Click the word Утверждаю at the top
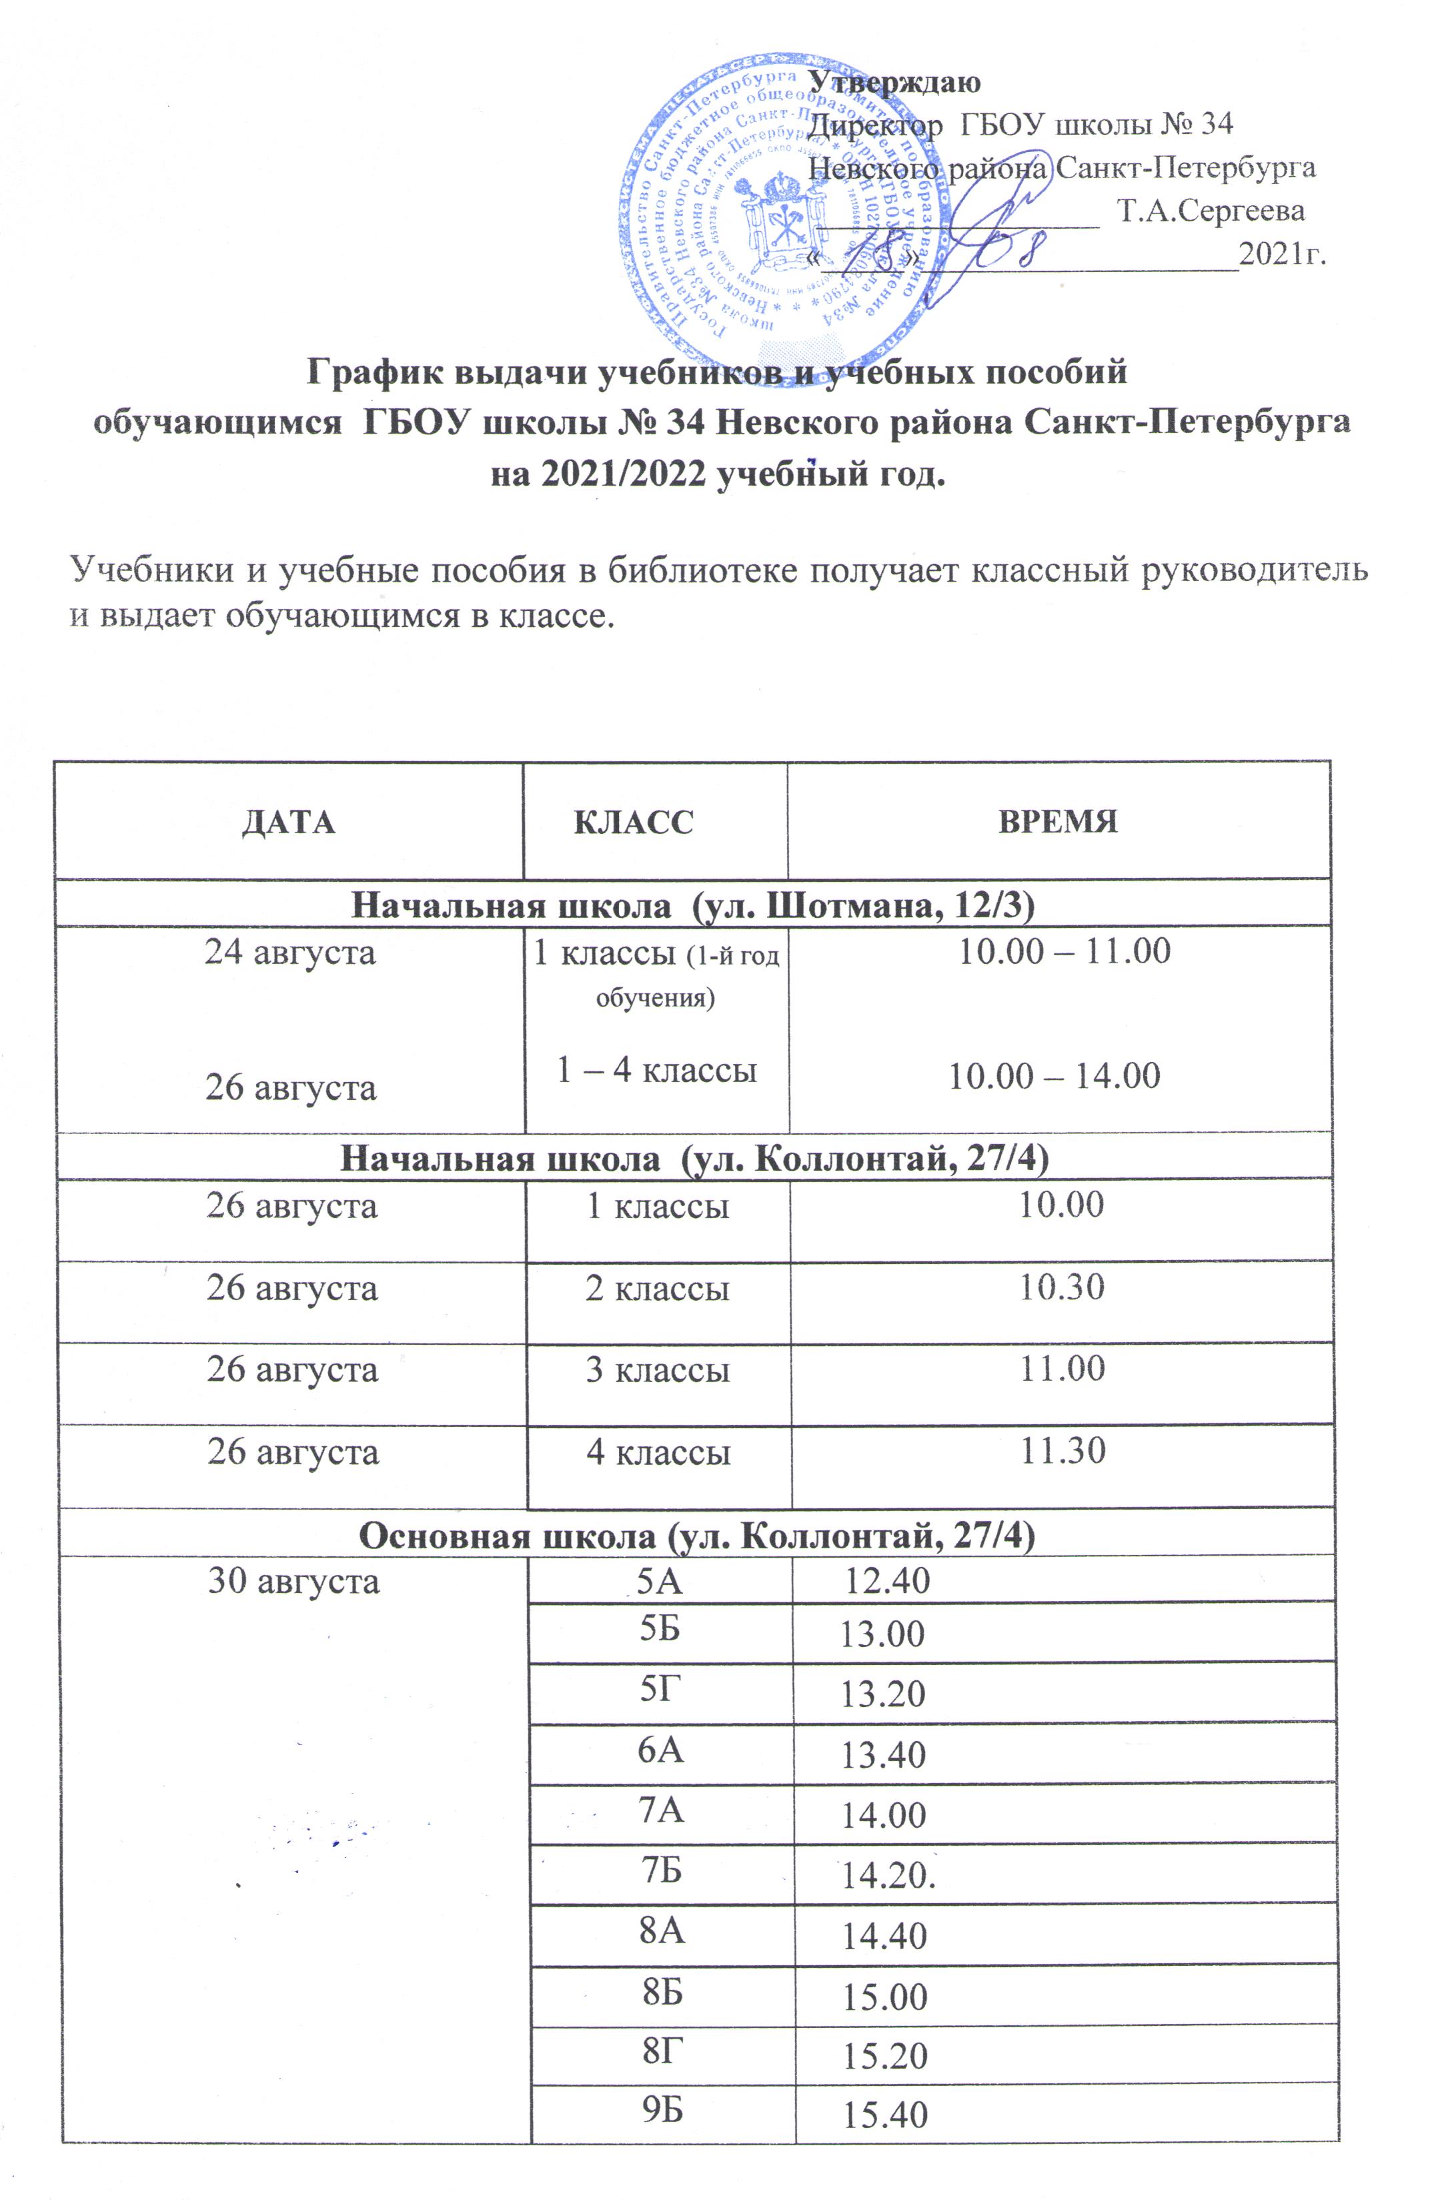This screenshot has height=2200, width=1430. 894,81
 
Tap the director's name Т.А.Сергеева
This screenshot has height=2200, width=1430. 1211,211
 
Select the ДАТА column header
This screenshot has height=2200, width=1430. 288,822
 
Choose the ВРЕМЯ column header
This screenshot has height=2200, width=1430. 1058,822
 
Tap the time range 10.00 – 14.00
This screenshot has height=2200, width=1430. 1054,1076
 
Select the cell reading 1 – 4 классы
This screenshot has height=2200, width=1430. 656,1069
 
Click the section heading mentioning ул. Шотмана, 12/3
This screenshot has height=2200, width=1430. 692,905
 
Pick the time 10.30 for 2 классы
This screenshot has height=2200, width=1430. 1061,1287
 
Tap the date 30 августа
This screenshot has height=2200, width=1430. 293,1582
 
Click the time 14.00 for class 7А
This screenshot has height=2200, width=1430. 883,1814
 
